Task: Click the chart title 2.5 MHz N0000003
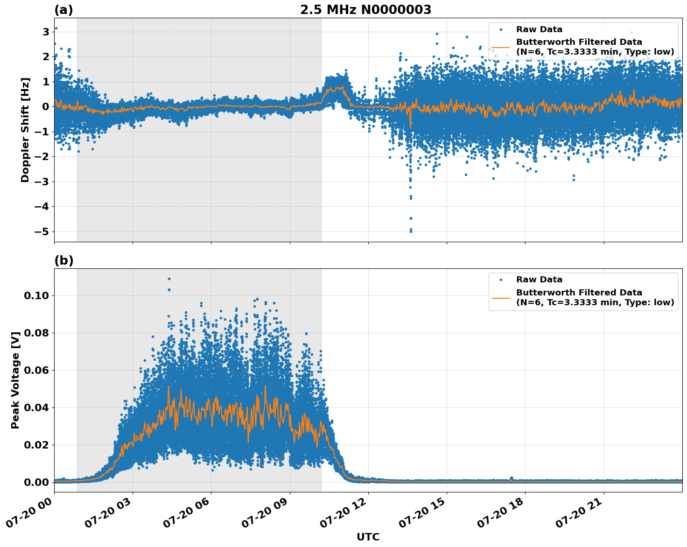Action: [x=365, y=10]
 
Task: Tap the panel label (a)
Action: [x=63, y=10]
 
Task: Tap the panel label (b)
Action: [x=63, y=260]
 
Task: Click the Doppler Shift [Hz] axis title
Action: [x=25, y=130]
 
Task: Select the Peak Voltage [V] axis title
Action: [x=15, y=380]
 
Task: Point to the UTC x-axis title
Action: [x=368, y=537]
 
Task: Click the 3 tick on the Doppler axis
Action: [x=46, y=32]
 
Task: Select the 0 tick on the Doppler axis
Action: [x=46, y=106]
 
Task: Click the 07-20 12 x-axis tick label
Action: [x=348, y=515]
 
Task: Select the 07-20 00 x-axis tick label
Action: [x=34, y=515]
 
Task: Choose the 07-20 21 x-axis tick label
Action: [x=583, y=515]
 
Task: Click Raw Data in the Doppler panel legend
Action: [x=539, y=29]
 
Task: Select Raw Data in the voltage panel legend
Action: [x=539, y=280]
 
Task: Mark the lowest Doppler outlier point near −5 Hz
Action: [x=411, y=231]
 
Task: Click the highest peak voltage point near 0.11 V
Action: [x=169, y=279]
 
